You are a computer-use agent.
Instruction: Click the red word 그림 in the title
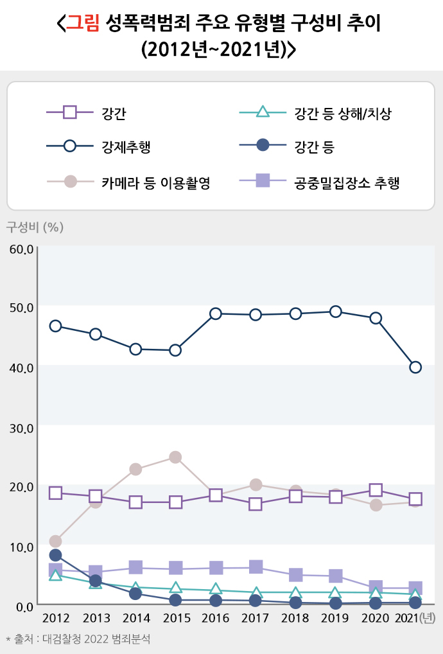coord(83,24)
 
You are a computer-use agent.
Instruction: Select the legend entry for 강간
coord(114,114)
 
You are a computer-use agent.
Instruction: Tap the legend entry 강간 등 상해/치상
coord(342,114)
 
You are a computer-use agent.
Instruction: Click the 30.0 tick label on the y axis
coord(21,428)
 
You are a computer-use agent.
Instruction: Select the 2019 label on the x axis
coord(335,618)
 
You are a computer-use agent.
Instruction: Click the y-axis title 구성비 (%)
coord(35,227)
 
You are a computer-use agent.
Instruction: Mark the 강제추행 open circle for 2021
coord(415,367)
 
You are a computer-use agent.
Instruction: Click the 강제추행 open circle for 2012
coord(55,326)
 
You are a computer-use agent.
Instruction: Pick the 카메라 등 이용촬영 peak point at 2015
coord(175,457)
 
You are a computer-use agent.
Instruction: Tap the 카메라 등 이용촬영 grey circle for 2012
coord(55,541)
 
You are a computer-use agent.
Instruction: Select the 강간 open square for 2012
coord(55,493)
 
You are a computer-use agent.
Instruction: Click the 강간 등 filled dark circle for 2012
coord(55,555)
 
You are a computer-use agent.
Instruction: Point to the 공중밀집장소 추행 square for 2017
coord(256,567)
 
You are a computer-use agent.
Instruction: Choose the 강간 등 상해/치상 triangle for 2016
coord(216,589)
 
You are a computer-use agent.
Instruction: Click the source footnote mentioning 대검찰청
coord(81,639)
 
